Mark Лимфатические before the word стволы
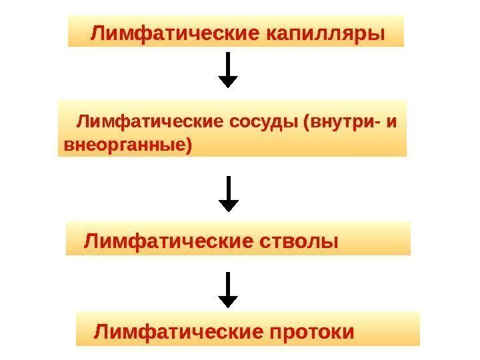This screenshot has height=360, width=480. click(x=167, y=240)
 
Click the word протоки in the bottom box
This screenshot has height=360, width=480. click(x=313, y=331)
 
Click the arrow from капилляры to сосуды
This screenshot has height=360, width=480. click(x=229, y=69)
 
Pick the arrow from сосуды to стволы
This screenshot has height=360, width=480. click(x=229, y=193)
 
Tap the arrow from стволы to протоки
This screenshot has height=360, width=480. click(x=229, y=289)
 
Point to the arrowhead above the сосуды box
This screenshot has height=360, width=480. click(x=229, y=82)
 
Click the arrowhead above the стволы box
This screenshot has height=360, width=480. click(x=229, y=206)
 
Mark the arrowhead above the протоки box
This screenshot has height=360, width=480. click(x=229, y=301)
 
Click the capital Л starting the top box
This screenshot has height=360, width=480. click(x=97, y=32)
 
